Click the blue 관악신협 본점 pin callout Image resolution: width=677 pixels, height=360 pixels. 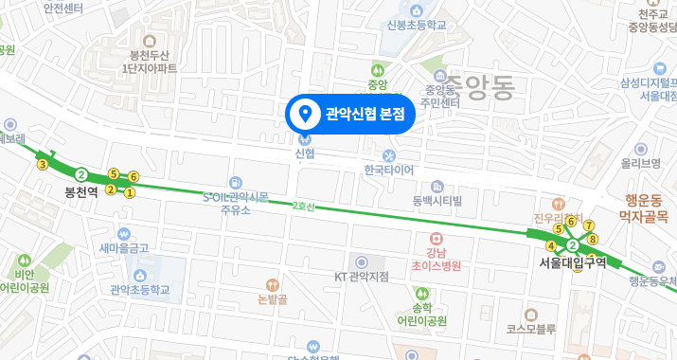pos(350,115)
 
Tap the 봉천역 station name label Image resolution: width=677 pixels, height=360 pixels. pos(81,191)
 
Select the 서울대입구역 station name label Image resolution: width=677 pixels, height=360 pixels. pos(572,263)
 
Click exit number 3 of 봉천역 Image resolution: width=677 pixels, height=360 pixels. pos(42,164)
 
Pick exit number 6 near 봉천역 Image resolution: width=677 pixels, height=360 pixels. pos(134,177)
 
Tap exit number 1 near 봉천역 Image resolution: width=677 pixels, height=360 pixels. pos(130,192)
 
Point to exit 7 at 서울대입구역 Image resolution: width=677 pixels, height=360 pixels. pos(589,225)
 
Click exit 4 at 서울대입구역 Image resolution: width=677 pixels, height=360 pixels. pos(551,247)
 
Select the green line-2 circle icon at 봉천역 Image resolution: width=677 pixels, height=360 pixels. pos(82,174)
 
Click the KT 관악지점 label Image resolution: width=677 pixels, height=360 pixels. pos(362,276)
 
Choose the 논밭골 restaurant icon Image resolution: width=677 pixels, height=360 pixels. pos(271,283)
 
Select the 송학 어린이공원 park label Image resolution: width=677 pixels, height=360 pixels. pos(421,314)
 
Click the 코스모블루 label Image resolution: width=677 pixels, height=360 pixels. pos(529,329)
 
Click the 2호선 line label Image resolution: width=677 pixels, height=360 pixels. pos(303,206)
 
